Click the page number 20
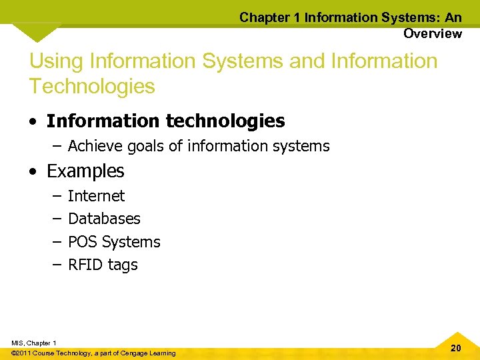[x=456, y=348]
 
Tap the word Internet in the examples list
[x=96, y=196]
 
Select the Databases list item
[x=104, y=219]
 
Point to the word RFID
[x=85, y=265]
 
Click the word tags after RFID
[x=122, y=265]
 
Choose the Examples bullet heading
[x=85, y=171]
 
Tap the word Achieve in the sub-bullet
[x=93, y=146]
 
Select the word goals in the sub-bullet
[x=141, y=147]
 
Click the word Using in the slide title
[x=56, y=61]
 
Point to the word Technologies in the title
[x=92, y=86]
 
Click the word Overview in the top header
[x=432, y=33]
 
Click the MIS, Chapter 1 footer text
[x=34, y=343]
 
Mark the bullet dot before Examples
[x=33, y=172]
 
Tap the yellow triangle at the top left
[x=37, y=31]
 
